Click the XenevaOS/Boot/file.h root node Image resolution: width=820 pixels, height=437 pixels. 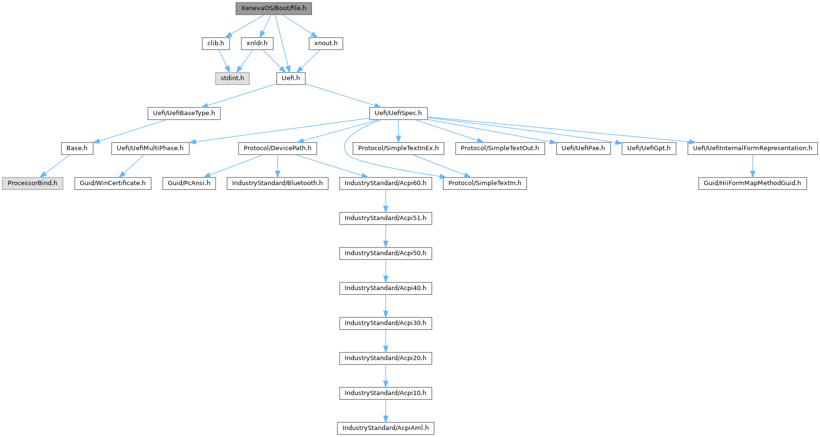[x=273, y=8]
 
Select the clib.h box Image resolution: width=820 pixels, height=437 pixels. [x=216, y=43]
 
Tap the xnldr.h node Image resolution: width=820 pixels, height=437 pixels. [x=257, y=43]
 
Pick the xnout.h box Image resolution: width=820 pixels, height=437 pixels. [x=326, y=43]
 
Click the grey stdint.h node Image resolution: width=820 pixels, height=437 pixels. [x=232, y=78]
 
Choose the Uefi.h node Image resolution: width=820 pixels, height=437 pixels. [x=291, y=78]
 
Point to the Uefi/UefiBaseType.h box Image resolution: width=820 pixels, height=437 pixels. [x=184, y=113]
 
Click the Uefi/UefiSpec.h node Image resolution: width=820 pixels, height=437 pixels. [x=398, y=113]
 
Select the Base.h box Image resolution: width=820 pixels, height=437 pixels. [x=77, y=148]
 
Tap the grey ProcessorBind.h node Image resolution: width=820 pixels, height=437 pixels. [x=32, y=183]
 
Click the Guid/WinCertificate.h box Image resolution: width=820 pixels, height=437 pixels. [x=113, y=183]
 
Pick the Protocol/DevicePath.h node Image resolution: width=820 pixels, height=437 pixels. [x=277, y=148]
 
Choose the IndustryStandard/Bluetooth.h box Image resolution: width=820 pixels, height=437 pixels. [x=277, y=183]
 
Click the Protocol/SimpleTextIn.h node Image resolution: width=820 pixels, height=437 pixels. [x=485, y=183]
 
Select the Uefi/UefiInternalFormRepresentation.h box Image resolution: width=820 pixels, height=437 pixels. [x=752, y=148]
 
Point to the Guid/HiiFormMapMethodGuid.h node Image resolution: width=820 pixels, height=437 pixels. [x=752, y=183]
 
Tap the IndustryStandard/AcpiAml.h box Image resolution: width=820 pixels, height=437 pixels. [x=385, y=428]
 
